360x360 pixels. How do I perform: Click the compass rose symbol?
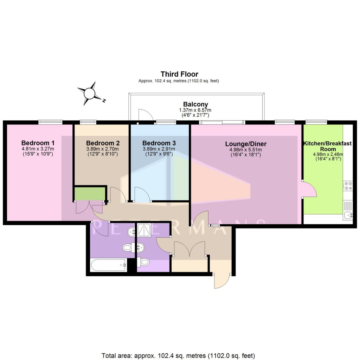point(90,93)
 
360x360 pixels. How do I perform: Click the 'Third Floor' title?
point(179,74)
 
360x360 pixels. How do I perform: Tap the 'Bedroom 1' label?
point(38,143)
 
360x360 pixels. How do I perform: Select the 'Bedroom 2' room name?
point(103,143)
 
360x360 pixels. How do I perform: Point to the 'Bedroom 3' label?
point(159,143)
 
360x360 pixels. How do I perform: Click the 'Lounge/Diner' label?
point(246,144)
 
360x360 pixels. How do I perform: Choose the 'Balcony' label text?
point(195,104)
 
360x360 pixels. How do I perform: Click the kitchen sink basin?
point(348,215)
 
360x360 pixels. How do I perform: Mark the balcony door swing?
point(145,115)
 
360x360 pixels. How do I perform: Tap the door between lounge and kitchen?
point(309,190)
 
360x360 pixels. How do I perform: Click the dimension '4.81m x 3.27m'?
point(38,149)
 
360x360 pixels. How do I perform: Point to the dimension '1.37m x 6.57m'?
point(195,110)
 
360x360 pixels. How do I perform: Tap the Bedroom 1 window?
point(50,122)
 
